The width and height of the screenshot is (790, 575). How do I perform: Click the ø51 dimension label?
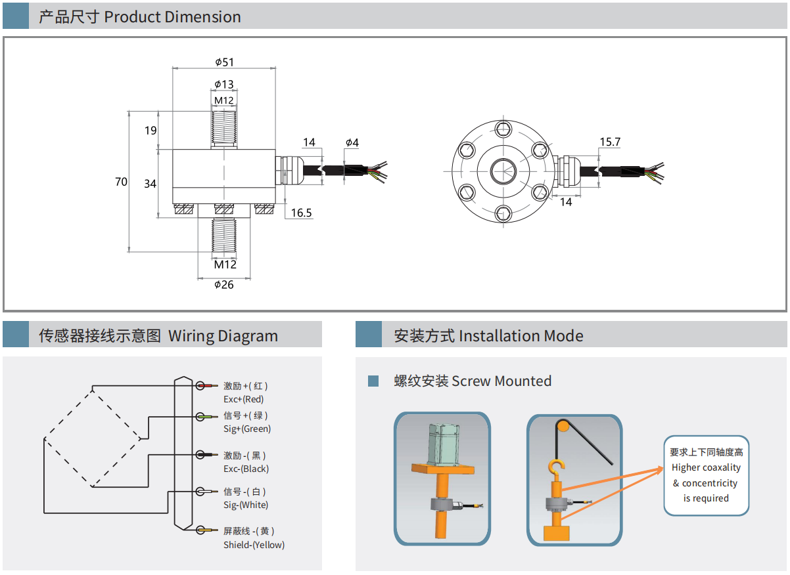pyautogui.click(x=224, y=62)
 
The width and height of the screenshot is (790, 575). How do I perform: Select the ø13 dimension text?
pyautogui.click(x=224, y=85)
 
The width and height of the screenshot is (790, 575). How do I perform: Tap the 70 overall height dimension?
pyautogui.click(x=121, y=182)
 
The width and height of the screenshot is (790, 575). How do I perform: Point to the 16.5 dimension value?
pyautogui.click(x=301, y=213)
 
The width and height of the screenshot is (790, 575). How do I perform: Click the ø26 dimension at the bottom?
pyautogui.click(x=224, y=284)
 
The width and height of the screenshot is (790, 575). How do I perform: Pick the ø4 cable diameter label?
pyautogui.click(x=352, y=142)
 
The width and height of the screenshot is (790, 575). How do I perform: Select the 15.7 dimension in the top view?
pyautogui.click(x=610, y=142)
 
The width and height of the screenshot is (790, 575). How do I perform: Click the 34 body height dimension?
pyautogui.click(x=151, y=184)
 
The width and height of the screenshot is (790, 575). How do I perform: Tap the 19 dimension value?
pyautogui.click(x=151, y=130)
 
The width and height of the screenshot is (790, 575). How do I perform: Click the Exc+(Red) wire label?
pyautogui.click(x=243, y=399)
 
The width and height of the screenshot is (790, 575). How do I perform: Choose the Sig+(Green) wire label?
pyautogui.click(x=247, y=429)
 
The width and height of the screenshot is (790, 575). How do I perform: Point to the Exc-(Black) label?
pyautogui.click(x=246, y=469)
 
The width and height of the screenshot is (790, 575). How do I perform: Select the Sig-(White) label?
pyautogui.click(x=246, y=505)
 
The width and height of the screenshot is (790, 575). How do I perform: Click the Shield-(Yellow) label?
pyautogui.click(x=254, y=545)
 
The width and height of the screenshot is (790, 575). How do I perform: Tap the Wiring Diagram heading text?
pyautogui.click(x=223, y=336)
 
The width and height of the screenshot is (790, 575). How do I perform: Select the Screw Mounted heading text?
pyautogui.click(x=501, y=381)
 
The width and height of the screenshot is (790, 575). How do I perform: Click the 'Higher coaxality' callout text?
pyautogui.click(x=706, y=468)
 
